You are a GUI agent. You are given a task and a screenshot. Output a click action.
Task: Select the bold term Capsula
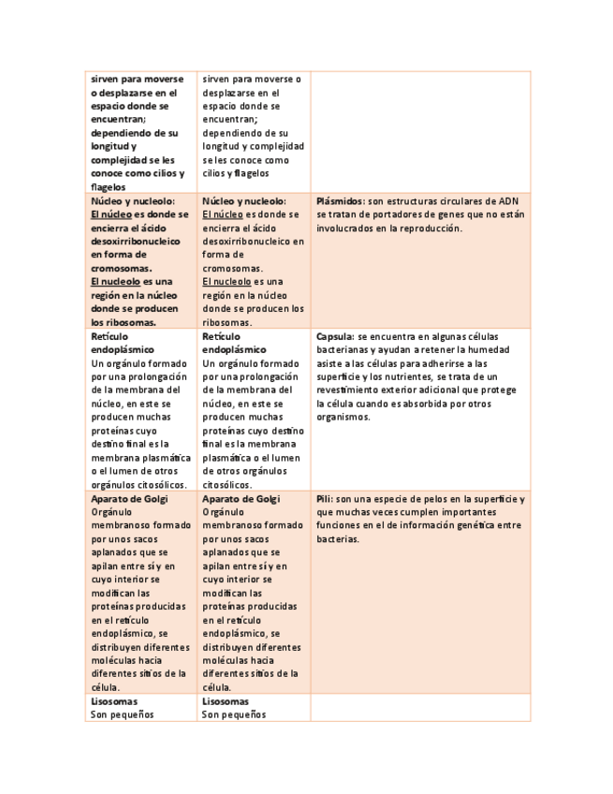[335, 335]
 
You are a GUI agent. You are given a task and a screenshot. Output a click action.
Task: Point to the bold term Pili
[325, 499]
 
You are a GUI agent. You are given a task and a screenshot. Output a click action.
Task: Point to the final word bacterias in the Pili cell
[337, 539]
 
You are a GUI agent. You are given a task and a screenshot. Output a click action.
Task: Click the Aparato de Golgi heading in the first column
[129, 499]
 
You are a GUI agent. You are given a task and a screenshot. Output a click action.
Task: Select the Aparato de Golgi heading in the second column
[241, 499]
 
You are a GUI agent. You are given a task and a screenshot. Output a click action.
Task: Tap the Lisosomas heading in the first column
[114, 701]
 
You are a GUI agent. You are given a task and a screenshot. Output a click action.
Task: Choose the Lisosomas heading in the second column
[226, 701]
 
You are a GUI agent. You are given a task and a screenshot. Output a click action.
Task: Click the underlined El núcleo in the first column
[110, 214]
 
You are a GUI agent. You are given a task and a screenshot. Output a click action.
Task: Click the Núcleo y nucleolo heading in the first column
[132, 200]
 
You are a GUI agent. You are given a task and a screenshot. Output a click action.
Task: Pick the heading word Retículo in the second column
[221, 335]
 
